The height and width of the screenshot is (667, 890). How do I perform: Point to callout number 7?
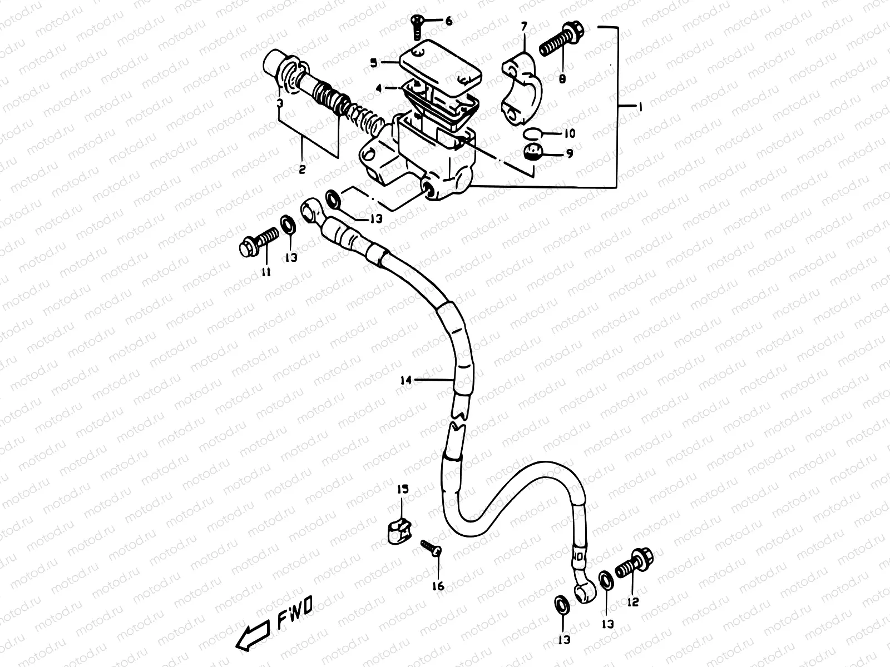click(523, 26)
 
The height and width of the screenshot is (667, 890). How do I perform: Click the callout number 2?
click(302, 170)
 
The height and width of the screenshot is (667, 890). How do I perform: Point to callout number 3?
click(280, 103)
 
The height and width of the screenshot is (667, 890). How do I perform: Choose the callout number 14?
click(406, 380)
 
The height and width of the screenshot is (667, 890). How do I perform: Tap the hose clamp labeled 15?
click(398, 530)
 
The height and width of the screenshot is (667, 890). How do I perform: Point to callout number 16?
click(438, 586)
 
